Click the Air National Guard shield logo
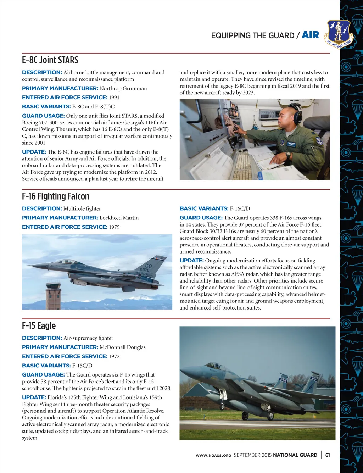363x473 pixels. click(339, 33)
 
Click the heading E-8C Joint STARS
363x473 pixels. click(50, 60)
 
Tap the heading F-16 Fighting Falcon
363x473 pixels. click(56, 196)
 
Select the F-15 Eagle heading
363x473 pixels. click(39, 325)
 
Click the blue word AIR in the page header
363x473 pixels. click(310, 35)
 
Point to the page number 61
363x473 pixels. click(328, 455)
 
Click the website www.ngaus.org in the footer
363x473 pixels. click(213, 455)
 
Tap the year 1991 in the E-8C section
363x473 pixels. click(114, 98)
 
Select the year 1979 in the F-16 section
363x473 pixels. click(114, 227)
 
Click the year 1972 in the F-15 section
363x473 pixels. click(114, 356)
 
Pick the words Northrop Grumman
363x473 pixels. click(123, 88)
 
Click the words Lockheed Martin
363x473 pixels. click(119, 218)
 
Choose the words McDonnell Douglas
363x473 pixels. click(123, 347)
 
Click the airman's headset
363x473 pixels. click(297, 112)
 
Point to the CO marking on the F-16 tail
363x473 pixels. click(148, 266)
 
